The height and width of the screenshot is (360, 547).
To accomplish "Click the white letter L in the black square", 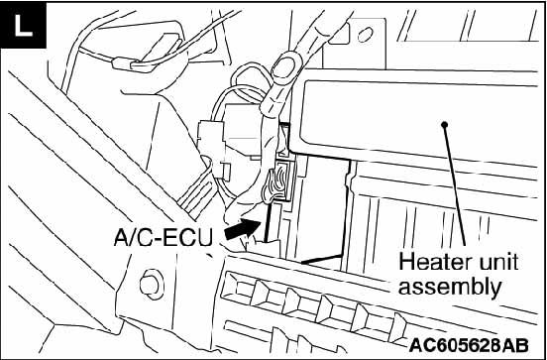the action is pos(24,26).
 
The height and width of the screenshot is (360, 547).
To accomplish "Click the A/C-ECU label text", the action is pos(163,238).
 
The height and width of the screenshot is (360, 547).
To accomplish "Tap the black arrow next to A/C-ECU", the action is pos(243,230).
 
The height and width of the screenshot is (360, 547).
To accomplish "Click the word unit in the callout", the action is pos(497,263).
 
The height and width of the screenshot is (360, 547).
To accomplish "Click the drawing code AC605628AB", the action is pos(469,345).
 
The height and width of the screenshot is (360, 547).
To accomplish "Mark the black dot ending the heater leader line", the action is pos(444,124).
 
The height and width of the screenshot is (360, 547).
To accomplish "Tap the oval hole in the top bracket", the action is pos(366,35).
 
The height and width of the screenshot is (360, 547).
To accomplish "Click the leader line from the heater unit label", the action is pos(455,185).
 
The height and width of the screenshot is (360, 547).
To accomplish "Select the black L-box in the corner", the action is pos(24,25).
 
